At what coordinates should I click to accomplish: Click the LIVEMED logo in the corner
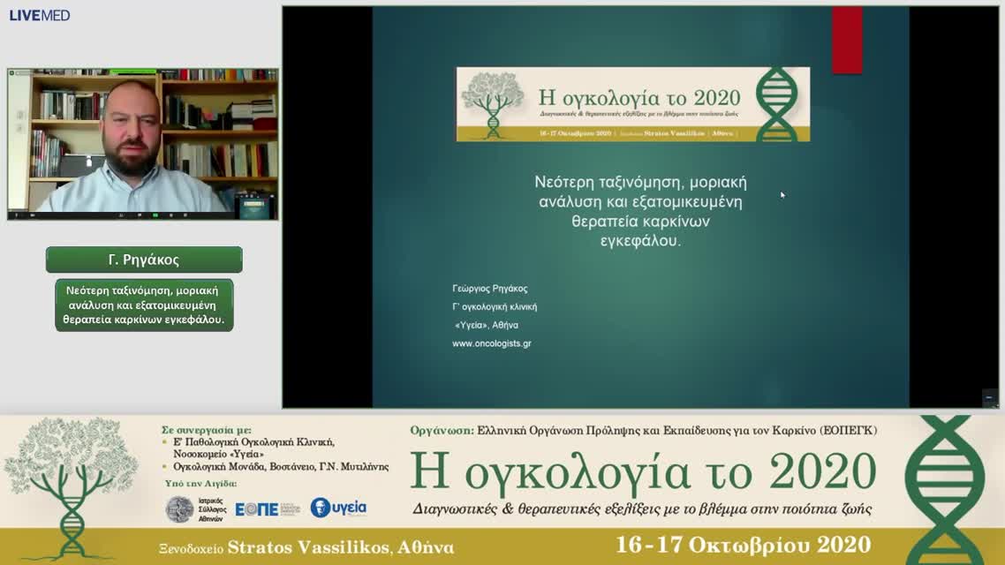point(40,15)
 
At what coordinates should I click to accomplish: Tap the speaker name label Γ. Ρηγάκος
point(144,260)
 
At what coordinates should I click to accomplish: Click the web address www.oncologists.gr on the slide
point(491,343)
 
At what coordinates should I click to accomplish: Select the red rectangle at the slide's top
point(847,41)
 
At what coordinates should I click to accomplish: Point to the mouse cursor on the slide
point(782,194)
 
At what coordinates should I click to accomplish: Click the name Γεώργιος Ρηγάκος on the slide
point(489,289)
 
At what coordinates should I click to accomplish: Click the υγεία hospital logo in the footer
point(338,508)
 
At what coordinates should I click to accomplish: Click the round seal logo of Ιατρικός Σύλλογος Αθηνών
point(179,508)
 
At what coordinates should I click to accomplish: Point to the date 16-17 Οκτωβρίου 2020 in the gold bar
point(744,545)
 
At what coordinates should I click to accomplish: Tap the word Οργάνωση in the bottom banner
point(441,430)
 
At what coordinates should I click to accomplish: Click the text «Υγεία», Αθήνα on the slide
point(486,325)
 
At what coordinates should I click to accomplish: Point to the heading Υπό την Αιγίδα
point(200,484)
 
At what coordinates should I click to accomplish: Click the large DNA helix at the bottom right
point(944,488)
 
